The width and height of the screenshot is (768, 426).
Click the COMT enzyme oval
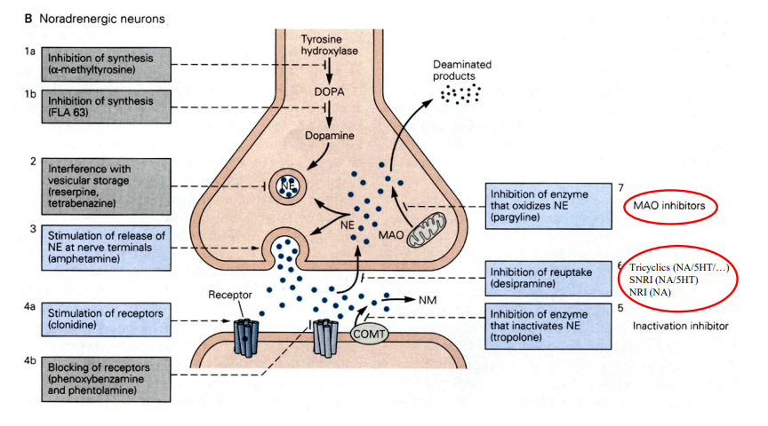(369, 334)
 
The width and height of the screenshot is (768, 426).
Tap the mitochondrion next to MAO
(427, 229)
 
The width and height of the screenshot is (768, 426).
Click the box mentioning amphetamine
(107, 248)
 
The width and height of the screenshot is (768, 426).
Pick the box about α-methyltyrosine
(107, 64)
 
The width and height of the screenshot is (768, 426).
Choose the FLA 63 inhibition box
(107, 106)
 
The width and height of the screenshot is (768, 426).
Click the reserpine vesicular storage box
(107, 185)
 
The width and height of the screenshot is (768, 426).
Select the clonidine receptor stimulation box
(107, 319)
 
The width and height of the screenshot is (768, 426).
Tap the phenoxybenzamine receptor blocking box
(107, 379)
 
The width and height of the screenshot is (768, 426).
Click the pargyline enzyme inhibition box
(548, 206)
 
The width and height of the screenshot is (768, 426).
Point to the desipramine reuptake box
(548, 279)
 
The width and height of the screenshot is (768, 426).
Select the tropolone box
(548, 326)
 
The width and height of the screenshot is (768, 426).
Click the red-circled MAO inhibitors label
(669, 206)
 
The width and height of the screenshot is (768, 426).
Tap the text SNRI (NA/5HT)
(664, 280)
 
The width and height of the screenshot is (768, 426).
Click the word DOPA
(329, 91)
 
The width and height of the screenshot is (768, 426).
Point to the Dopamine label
(330, 136)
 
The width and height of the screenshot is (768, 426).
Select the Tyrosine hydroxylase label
(329, 45)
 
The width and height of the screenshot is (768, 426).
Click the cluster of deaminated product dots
(460, 93)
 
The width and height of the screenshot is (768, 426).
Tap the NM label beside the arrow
(428, 300)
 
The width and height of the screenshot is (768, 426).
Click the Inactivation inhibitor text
(680, 326)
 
